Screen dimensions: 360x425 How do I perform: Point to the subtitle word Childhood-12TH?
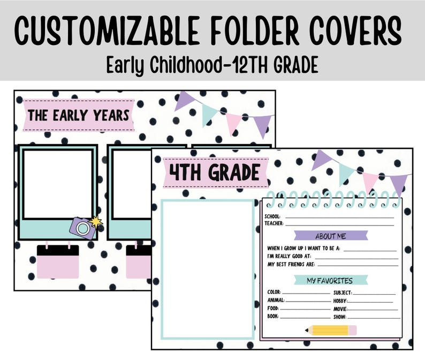pos(210,65)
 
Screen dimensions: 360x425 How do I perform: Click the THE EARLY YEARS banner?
pos(78,115)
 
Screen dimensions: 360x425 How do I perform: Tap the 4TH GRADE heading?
pos(215,172)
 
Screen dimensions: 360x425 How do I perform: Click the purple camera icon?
pos(82,228)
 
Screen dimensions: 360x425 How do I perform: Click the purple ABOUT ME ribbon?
pos(331,236)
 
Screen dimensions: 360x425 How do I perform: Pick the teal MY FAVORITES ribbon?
pos(330,280)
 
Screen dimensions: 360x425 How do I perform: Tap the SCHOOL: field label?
pos(273,217)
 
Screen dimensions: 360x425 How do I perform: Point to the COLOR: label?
pos(274,292)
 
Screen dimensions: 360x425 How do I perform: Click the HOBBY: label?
pos(340,301)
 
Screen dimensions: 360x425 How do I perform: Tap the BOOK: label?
pos(273,317)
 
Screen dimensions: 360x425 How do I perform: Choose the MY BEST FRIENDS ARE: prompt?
pos(291,264)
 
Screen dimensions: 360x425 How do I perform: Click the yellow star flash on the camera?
pos(95,221)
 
